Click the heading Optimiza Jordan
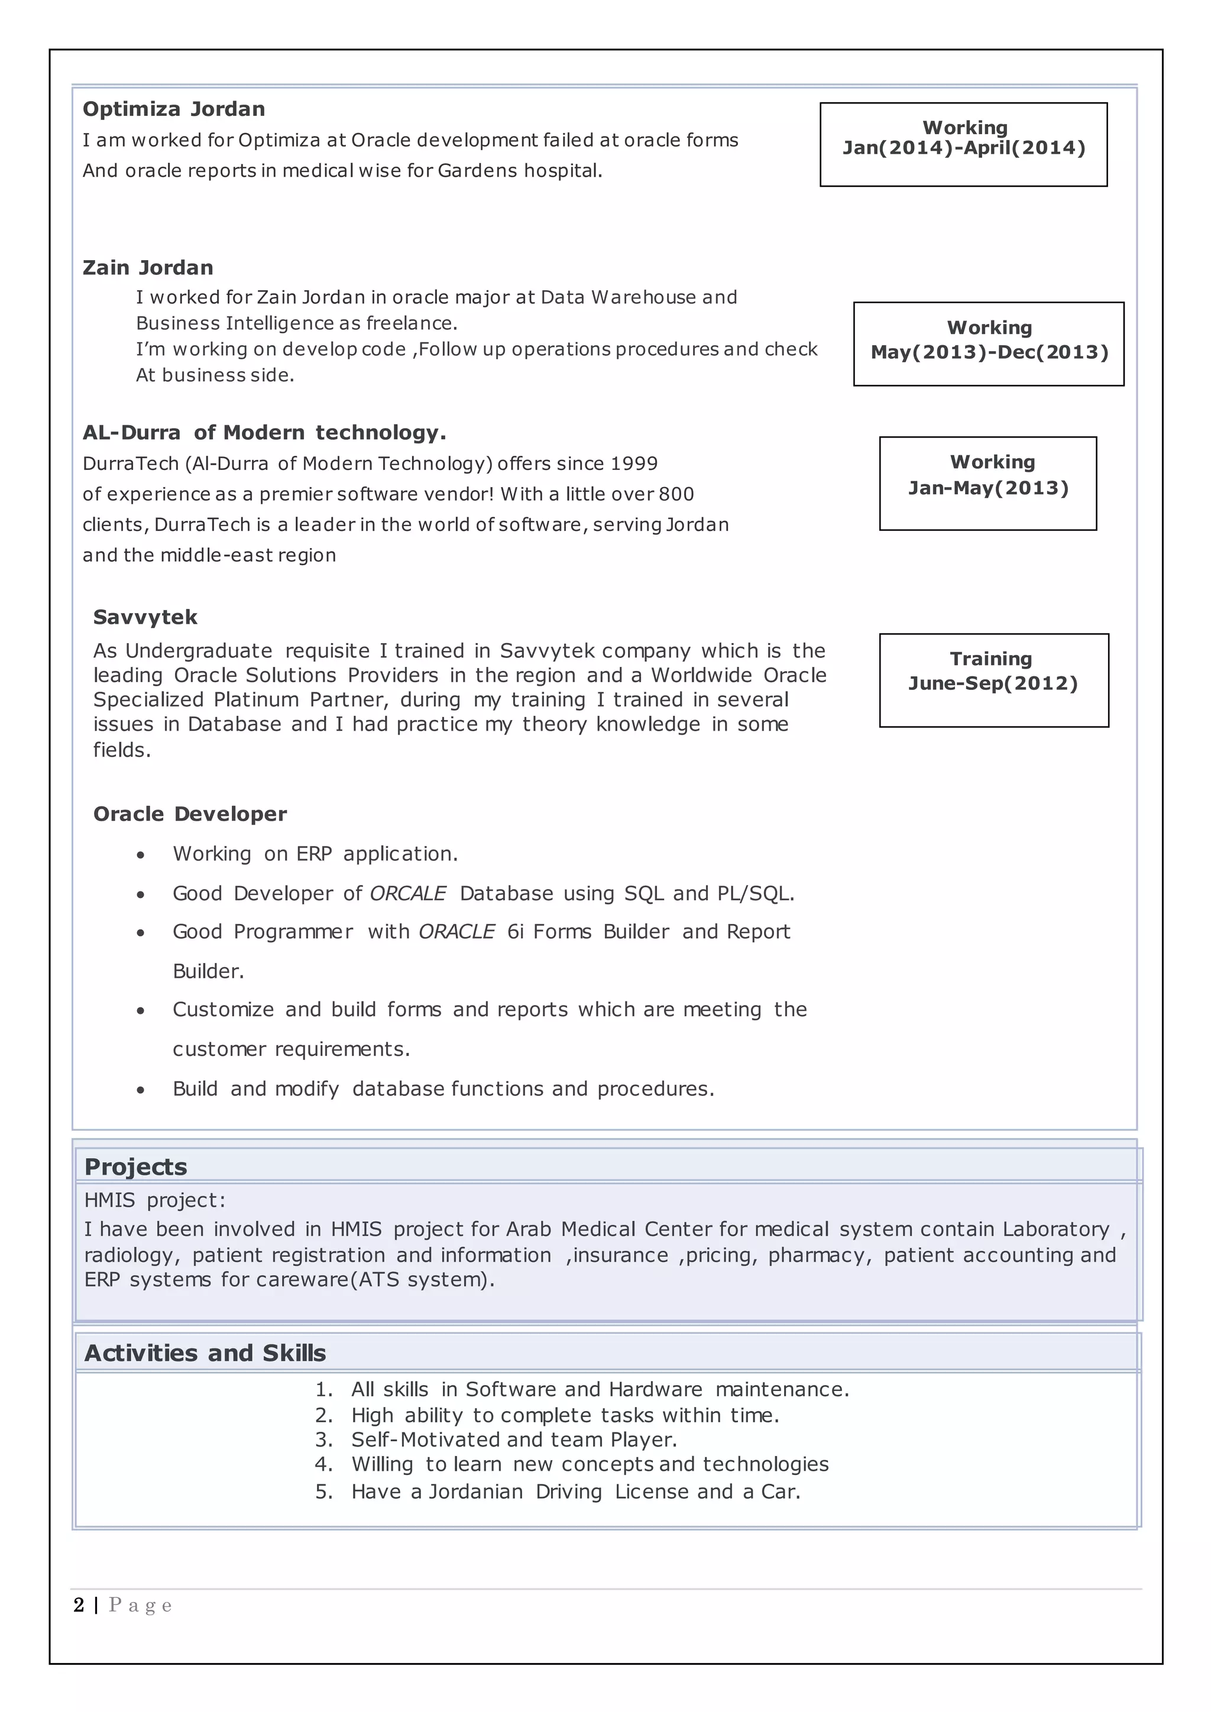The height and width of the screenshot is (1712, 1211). pos(174,109)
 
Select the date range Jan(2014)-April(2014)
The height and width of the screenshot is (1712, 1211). pos(963,148)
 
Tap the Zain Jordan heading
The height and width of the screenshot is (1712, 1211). pos(148,268)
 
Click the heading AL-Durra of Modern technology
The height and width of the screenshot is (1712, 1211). pos(264,433)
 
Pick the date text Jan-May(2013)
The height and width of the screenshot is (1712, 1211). pos(988,488)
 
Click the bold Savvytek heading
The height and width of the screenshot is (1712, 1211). pos(145,617)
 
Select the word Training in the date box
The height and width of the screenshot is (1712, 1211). pos(991,659)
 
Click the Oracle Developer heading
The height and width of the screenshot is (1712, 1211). pos(190,814)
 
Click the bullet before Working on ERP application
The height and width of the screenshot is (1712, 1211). pos(140,855)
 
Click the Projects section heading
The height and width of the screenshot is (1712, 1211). pos(136,1167)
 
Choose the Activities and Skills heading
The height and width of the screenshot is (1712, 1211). pos(205,1353)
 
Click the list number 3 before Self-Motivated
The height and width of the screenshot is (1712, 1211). pos(323,1440)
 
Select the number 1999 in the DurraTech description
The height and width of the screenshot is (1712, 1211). pos(634,464)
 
